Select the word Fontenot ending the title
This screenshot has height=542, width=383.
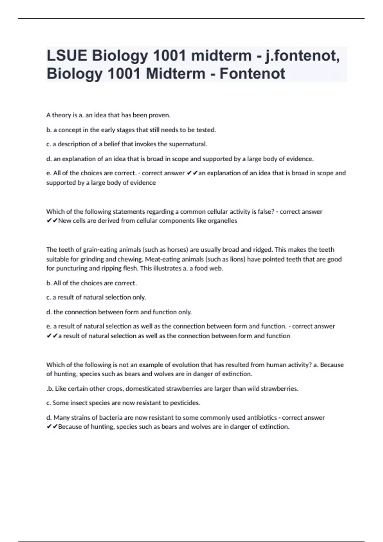(x=252, y=74)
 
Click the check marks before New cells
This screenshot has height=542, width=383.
(x=52, y=221)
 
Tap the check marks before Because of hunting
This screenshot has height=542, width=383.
(x=52, y=427)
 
